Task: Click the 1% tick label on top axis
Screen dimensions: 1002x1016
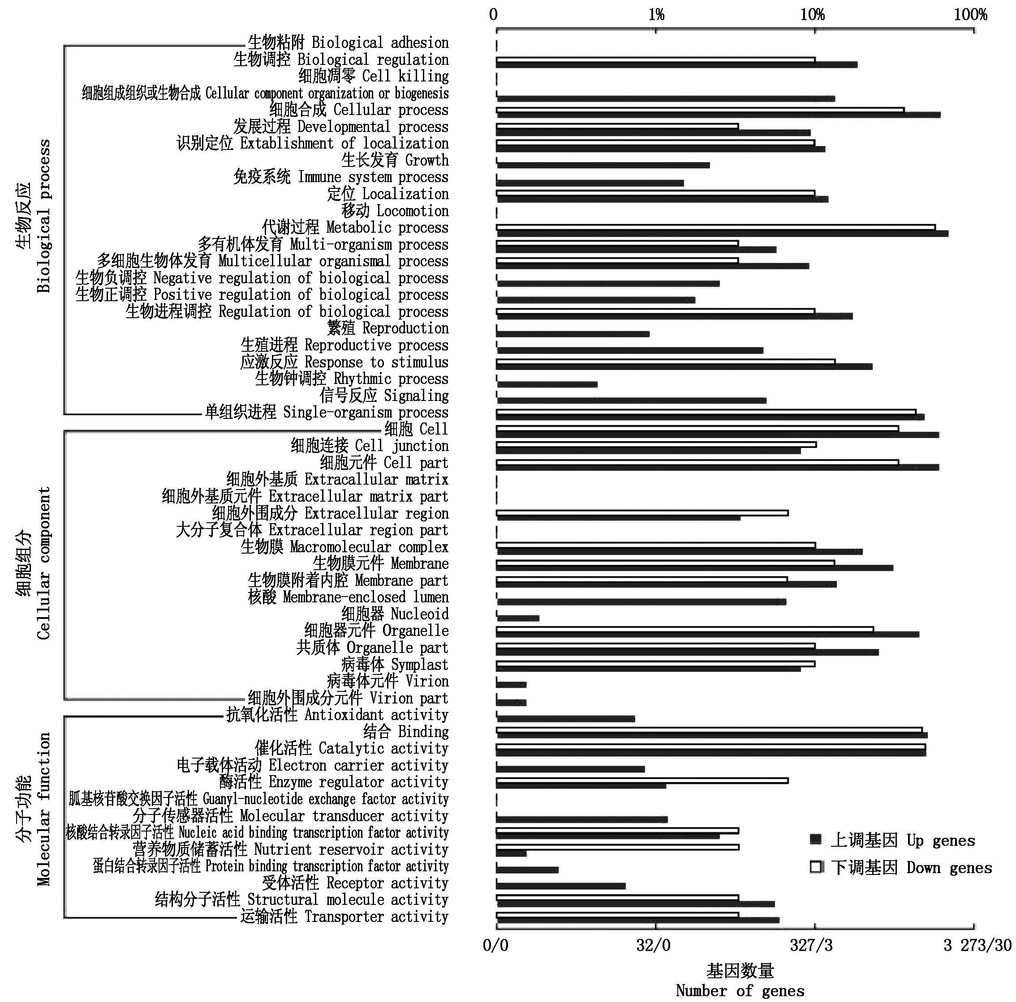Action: tap(656, 14)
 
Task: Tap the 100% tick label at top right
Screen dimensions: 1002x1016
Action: tap(970, 14)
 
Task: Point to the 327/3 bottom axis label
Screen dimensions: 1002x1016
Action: tap(811, 945)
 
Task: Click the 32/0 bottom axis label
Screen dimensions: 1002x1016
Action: tap(653, 945)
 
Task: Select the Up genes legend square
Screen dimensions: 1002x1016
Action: tap(816, 840)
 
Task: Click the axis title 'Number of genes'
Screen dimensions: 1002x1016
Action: tap(740, 990)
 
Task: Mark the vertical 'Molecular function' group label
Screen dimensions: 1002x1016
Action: tap(43, 809)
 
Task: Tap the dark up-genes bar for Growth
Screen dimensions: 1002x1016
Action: tap(603, 165)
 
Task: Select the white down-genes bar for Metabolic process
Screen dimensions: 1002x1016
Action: tap(715, 227)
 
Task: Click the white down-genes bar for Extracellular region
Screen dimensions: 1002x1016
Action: tap(641, 513)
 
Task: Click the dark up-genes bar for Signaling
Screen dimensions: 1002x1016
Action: tap(631, 401)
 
